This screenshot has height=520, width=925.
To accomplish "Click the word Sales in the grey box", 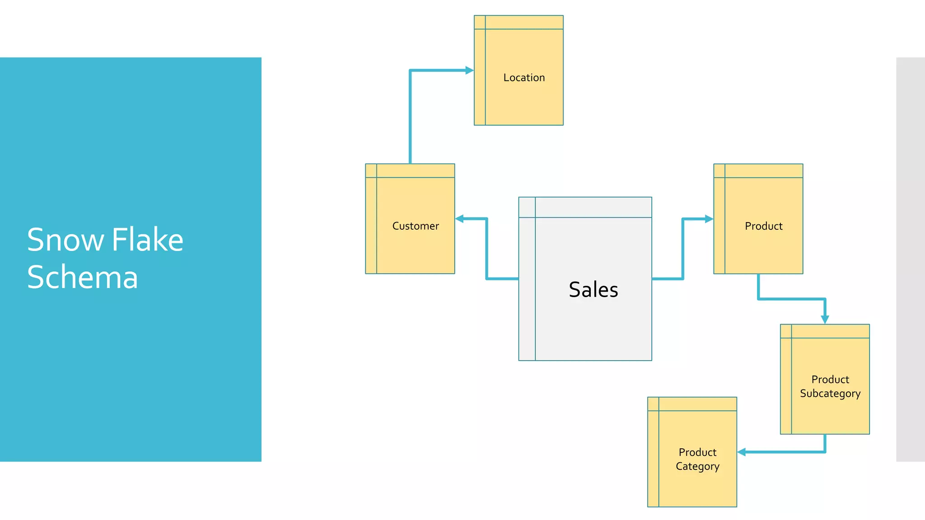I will [593, 290].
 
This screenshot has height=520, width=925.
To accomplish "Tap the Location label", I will [524, 78].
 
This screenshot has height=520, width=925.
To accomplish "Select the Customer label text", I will [416, 226].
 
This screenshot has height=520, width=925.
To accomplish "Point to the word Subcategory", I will [830, 394].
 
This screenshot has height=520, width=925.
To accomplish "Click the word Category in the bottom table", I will [697, 466].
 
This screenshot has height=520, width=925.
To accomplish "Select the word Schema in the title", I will [82, 277].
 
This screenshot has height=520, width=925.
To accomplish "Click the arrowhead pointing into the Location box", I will [469, 70].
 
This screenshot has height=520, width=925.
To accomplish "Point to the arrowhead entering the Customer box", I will [460, 219].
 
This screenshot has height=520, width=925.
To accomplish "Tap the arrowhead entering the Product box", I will [709, 219].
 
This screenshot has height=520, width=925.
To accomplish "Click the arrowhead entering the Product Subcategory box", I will [825, 319].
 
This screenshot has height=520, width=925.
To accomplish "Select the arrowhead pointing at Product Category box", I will [742, 452].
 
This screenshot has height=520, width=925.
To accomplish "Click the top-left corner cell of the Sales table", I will [527, 207].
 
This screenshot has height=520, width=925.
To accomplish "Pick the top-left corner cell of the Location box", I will [480, 23].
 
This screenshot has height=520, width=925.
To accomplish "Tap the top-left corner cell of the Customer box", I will [371, 171].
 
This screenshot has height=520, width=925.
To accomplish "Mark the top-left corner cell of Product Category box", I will [653, 404].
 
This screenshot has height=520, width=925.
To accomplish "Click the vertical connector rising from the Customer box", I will [410, 117].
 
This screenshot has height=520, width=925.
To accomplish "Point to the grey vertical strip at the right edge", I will [911, 259].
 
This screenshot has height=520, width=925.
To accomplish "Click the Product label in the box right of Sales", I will [763, 226].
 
